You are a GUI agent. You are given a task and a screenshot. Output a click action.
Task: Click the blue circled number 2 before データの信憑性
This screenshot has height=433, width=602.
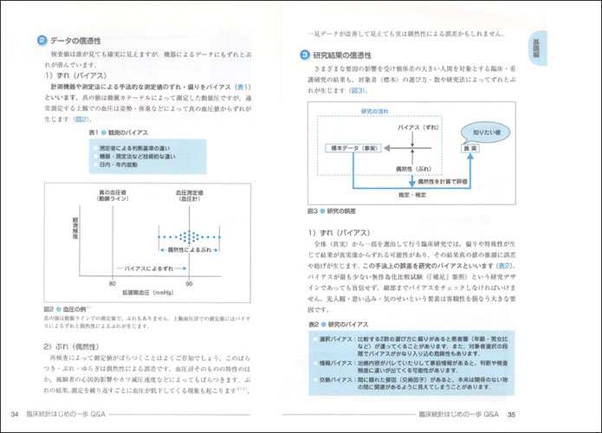pyautogui.click(x=42, y=42)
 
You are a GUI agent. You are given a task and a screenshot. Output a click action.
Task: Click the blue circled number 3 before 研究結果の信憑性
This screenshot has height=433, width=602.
pyautogui.click(x=305, y=55)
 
